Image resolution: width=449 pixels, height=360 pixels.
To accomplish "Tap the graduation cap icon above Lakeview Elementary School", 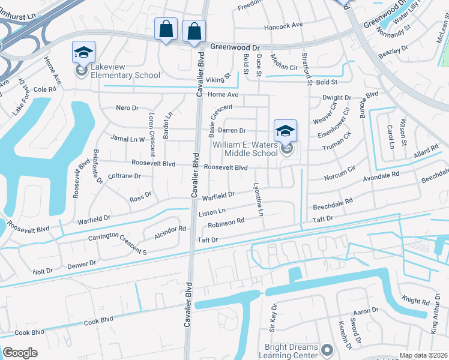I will (84, 52).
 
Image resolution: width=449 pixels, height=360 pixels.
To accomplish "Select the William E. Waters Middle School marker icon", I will (286, 131).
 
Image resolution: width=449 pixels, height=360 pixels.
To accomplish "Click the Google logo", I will (20, 352).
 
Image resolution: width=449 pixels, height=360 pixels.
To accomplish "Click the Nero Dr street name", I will (127, 108).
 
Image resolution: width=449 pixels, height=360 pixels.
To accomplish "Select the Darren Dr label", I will (232, 130).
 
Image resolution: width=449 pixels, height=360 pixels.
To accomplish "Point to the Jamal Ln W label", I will (128, 139).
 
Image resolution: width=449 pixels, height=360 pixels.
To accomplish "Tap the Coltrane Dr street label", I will (124, 176).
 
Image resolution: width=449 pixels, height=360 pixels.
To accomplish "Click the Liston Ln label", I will (212, 212).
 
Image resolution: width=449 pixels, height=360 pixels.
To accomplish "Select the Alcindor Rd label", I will (170, 229).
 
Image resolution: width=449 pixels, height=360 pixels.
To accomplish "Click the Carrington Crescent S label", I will (118, 244).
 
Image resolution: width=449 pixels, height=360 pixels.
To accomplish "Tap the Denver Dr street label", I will (82, 263).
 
